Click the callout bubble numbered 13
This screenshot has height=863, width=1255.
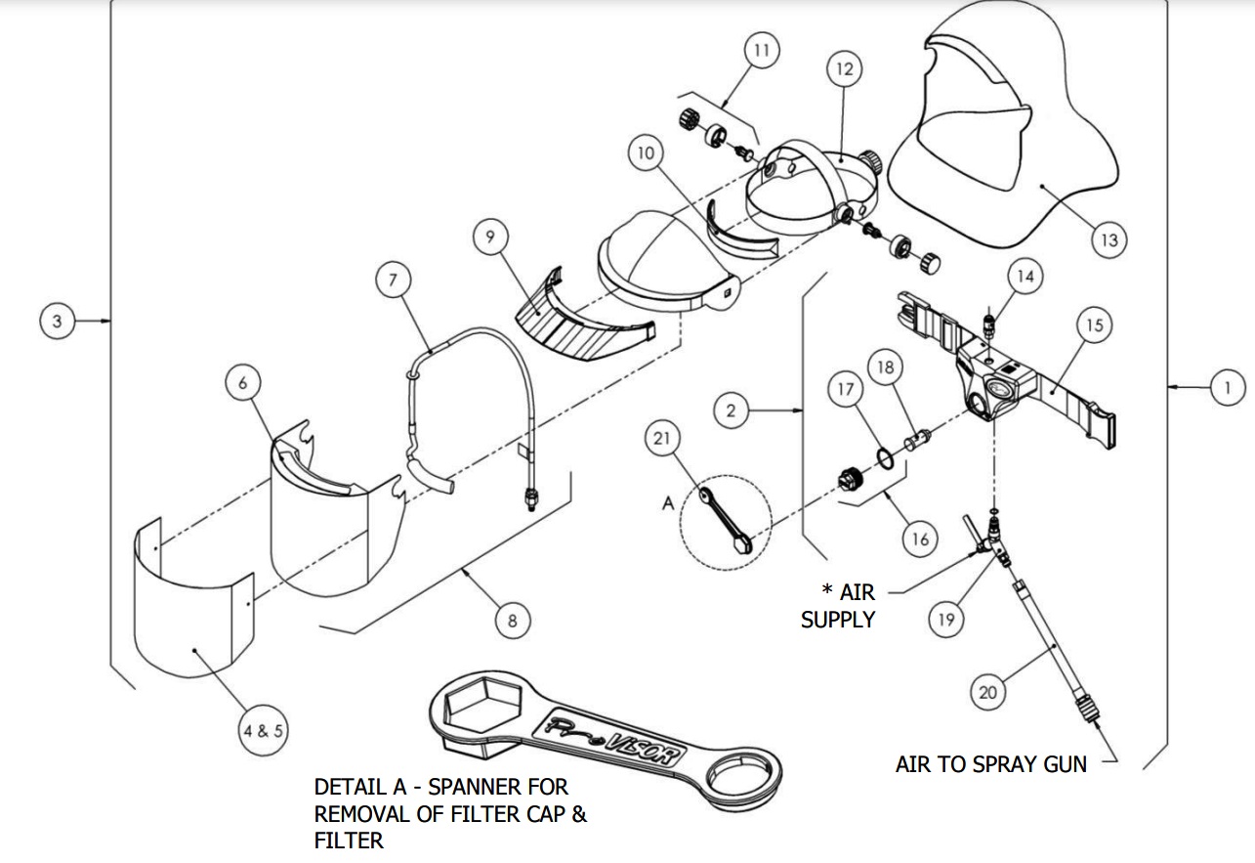[1109, 238]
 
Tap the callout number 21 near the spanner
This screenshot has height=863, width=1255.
[663, 440]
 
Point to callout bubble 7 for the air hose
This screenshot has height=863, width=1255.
[392, 280]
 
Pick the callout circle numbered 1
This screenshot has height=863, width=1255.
[1228, 388]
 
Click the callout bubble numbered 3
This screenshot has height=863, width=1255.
[58, 321]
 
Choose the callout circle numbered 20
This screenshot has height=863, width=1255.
[988, 692]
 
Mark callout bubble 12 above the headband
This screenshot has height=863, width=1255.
[845, 68]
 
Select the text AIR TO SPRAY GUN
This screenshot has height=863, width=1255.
[990, 763]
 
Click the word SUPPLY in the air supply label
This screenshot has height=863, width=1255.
[837, 619]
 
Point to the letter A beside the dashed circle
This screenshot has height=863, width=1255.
[668, 501]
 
